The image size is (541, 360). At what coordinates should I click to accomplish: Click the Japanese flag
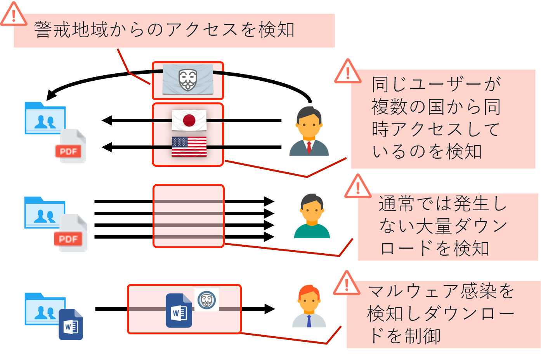pyautogui.click(x=189, y=120)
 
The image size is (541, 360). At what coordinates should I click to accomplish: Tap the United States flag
pyautogui.click(x=189, y=147)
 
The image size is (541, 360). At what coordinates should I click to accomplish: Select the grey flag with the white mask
pyautogui.click(x=188, y=80)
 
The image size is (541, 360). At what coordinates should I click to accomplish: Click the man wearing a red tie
pyautogui.click(x=309, y=132)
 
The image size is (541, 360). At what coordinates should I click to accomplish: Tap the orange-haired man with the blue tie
pyautogui.click(x=309, y=306)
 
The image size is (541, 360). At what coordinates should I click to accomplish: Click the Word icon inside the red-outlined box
pyautogui.click(x=179, y=311)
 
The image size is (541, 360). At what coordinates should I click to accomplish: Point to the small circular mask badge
pyautogui.click(x=206, y=299)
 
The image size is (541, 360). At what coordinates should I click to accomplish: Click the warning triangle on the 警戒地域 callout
pyautogui.click(x=14, y=15)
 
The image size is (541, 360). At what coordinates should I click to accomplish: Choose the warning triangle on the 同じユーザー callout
pyautogui.click(x=348, y=72)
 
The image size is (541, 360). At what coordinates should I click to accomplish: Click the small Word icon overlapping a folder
pyautogui.click(x=71, y=325)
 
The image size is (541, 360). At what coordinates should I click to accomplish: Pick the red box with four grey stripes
pyautogui.click(x=189, y=216)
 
